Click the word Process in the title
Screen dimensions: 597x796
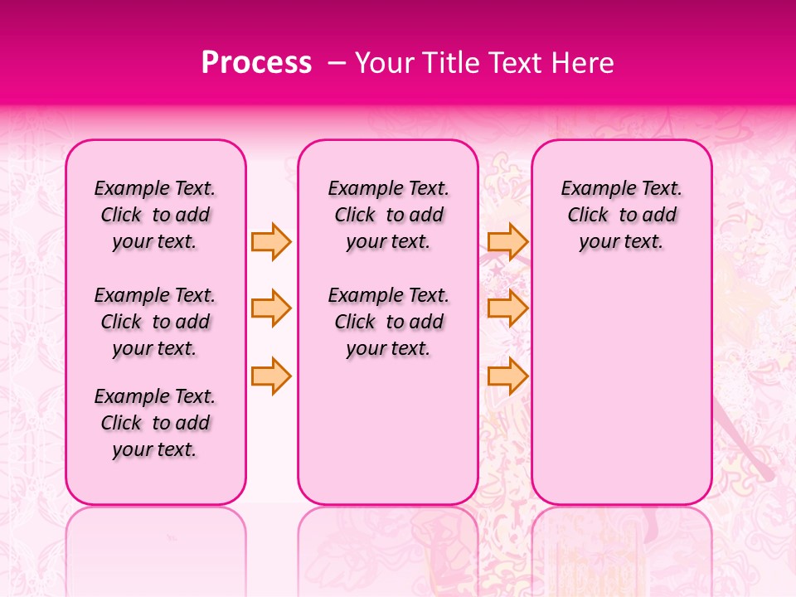(x=256, y=63)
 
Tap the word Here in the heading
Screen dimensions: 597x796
(x=584, y=63)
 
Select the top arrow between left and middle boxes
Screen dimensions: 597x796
(x=271, y=241)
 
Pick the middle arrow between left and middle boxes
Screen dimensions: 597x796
(x=271, y=308)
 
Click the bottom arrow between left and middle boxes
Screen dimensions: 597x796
(x=271, y=376)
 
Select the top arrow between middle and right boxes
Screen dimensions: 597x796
(x=507, y=241)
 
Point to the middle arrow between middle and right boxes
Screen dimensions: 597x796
(x=507, y=308)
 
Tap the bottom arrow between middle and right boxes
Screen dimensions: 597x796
(x=507, y=376)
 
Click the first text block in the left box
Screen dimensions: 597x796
(x=155, y=215)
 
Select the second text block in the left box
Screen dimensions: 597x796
(x=155, y=322)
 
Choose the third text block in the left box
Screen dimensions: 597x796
(x=155, y=423)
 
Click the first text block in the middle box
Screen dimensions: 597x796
(x=388, y=215)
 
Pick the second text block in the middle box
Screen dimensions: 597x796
(x=388, y=322)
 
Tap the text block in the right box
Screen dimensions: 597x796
(x=621, y=215)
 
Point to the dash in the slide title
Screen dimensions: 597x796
(x=337, y=63)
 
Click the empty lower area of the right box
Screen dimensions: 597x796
(x=621, y=390)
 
